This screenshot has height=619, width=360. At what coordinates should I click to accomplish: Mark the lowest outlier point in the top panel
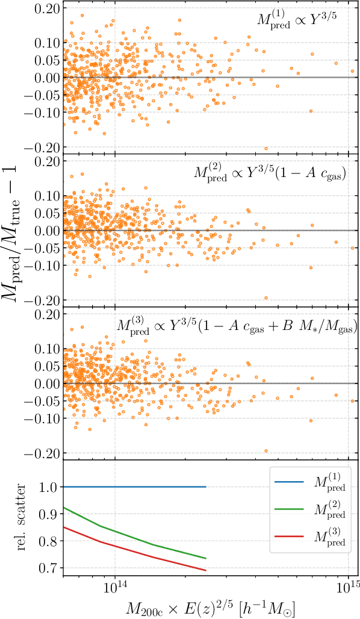click(x=265, y=148)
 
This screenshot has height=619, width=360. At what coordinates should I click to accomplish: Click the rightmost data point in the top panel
click(x=353, y=71)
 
